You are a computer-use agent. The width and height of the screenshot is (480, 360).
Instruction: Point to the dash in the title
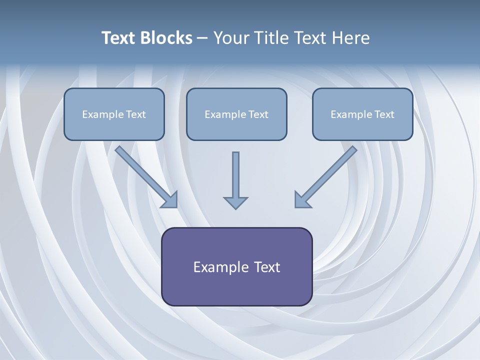tap(202, 38)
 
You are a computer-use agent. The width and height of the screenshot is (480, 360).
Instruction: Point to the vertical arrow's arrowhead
tap(235, 202)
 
